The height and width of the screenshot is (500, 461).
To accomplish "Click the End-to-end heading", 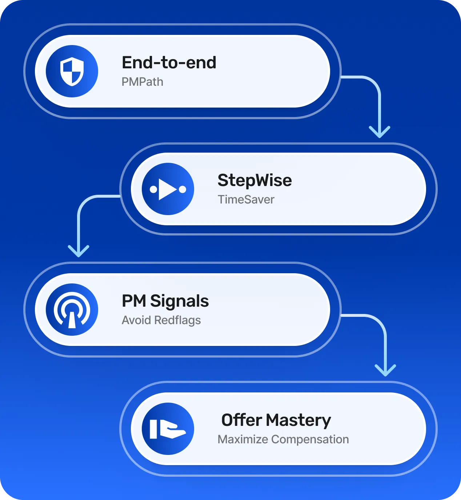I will point(169,62).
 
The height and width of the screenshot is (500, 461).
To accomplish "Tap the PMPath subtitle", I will point(142,82).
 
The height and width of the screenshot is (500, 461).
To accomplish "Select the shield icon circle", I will point(72,71).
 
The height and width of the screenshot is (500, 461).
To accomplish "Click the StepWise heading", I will point(254,180).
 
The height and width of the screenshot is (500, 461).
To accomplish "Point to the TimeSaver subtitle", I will point(246,199).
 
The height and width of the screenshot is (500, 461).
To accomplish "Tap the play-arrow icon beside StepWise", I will point(168,189).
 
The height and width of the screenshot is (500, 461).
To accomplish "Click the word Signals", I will point(179,301).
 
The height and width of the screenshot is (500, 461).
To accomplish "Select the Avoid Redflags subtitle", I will point(161,320).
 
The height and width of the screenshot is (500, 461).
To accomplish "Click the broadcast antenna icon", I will point(72,310).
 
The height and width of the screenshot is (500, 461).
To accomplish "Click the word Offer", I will point(241,420).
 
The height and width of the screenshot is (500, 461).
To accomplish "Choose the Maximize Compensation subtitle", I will point(283,439).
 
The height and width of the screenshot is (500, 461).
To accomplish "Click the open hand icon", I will point(168,429).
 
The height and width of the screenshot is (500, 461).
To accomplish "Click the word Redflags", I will point(177,320).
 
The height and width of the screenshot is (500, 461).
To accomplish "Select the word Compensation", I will point(310,439).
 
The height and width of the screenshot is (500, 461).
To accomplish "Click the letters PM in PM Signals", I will point(134,301).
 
